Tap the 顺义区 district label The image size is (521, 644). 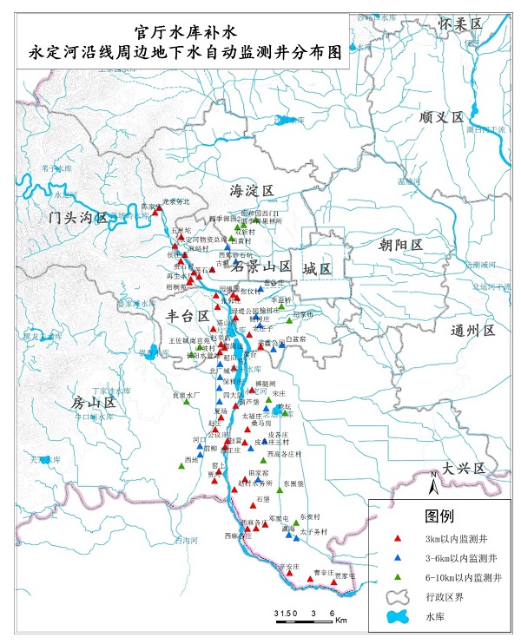(x=442, y=116)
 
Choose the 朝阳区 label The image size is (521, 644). (x=400, y=245)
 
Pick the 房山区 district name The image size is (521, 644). (x=94, y=403)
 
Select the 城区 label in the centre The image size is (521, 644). (x=317, y=269)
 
